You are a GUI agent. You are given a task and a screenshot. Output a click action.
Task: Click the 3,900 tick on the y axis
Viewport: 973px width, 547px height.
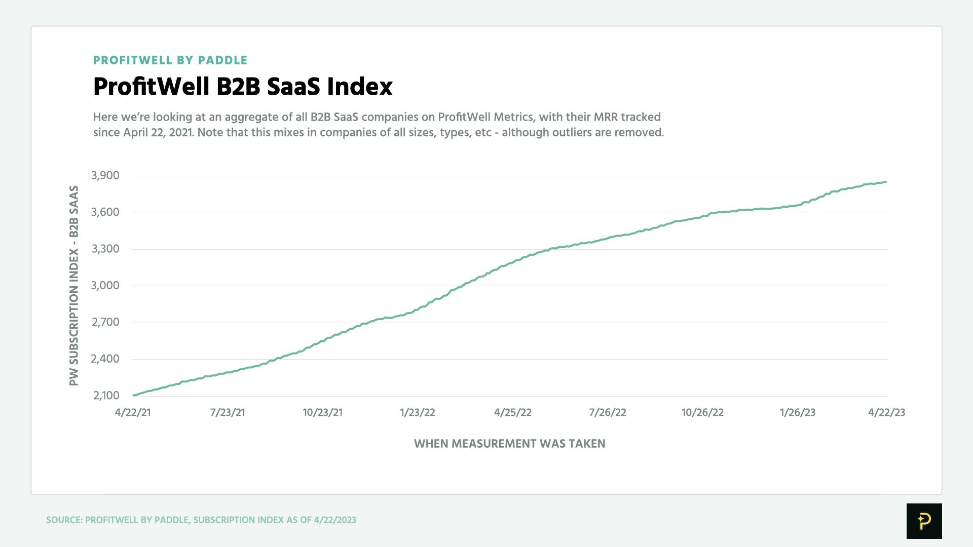105,176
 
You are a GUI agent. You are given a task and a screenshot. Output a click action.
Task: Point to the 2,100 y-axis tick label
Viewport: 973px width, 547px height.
106,396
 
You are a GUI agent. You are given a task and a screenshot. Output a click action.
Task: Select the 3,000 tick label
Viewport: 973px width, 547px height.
105,286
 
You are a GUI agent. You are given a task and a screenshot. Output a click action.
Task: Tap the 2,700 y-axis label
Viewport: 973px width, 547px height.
105,322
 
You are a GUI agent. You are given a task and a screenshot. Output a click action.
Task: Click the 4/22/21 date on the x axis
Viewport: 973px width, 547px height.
133,412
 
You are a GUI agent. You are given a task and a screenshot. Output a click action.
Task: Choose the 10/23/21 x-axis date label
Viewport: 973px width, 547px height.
322,412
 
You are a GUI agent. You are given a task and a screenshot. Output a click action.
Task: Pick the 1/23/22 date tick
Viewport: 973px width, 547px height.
417,412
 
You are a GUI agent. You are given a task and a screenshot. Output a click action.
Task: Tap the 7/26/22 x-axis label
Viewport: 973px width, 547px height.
607,412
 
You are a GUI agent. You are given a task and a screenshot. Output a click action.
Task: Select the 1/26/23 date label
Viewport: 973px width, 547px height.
797,412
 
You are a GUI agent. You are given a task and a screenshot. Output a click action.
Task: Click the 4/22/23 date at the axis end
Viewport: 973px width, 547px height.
886,412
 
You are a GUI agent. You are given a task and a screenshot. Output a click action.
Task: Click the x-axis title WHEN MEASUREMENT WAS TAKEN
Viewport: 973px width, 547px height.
509,444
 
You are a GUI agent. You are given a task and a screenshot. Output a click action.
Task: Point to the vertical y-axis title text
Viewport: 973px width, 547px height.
74,286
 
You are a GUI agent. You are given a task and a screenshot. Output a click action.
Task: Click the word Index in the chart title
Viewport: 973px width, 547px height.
359,87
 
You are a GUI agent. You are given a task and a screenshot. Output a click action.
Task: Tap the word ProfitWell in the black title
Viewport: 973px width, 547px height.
151,87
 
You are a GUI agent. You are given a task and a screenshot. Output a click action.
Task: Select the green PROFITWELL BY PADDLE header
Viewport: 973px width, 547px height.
170,60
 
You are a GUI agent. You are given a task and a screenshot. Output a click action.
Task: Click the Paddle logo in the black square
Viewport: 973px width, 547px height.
924,521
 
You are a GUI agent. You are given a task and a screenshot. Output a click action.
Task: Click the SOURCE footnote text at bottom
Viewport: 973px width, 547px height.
201,520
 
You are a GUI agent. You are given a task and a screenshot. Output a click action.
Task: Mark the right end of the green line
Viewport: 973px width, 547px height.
886,182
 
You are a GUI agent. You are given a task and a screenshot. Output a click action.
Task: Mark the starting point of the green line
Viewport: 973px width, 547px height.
134,395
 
